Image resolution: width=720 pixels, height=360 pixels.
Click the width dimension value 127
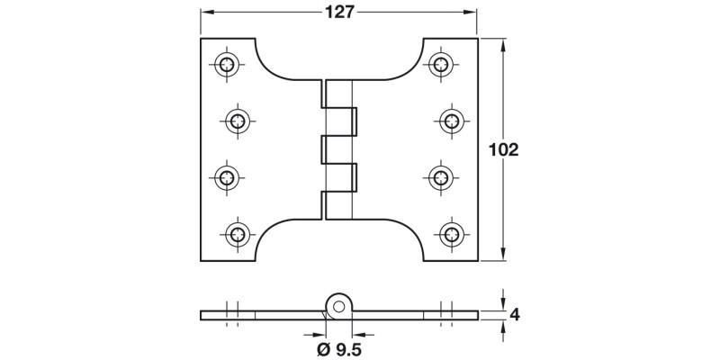coord(339,12)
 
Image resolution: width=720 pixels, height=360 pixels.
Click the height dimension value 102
coord(503,149)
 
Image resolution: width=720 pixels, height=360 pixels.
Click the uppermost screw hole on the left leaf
coord(227,63)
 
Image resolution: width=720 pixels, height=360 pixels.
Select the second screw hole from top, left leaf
coord(238,121)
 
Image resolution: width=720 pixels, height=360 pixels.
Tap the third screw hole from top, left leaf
coord(227,177)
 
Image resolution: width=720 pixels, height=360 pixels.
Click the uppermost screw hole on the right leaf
coord(439,63)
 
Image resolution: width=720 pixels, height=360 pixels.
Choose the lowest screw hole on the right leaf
coord(448,234)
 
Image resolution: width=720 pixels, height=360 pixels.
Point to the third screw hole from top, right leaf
coord(439,177)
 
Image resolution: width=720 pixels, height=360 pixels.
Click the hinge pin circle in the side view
coord(338,305)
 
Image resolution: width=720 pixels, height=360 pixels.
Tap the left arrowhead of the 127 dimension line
coord(204,12)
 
